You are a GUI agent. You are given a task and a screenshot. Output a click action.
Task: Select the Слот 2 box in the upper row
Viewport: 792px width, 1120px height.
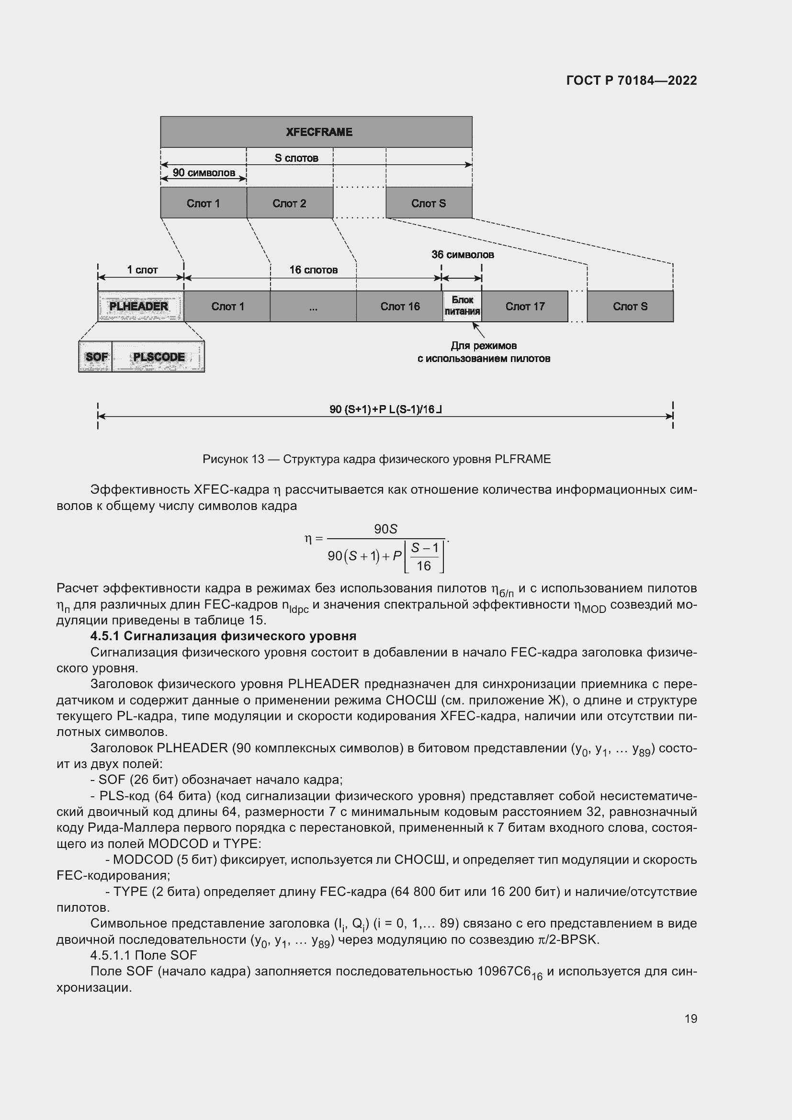click(x=290, y=203)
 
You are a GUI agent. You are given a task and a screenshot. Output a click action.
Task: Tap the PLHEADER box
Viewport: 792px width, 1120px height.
click(x=140, y=306)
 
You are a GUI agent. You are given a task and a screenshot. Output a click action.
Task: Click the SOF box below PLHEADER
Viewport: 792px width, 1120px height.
click(x=96, y=357)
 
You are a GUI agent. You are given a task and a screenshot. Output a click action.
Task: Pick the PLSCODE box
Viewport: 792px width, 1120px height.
click(x=158, y=357)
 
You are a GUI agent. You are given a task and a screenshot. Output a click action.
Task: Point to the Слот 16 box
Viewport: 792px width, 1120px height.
click(x=399, y=306)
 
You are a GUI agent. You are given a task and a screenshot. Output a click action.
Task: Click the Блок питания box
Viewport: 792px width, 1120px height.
click(x=462, y=306)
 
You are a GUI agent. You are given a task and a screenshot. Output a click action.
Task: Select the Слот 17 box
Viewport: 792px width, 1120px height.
click(x=525, y=306)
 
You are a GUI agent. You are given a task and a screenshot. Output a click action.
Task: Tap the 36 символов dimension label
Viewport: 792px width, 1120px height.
click(x=463, y=255)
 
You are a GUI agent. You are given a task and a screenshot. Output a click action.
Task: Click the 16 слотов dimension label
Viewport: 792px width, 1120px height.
click(x=313, y=270)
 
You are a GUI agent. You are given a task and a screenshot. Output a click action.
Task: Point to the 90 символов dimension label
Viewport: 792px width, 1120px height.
click(x=204, y=173)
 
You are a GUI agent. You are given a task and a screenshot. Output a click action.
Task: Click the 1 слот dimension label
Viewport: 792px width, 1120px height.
click(x=142, y=270)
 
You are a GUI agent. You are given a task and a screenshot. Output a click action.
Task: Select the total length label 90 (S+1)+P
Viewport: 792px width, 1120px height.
click(x=385, y=409)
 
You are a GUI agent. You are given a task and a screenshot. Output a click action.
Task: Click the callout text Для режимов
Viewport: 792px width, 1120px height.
click(x=483, y=346)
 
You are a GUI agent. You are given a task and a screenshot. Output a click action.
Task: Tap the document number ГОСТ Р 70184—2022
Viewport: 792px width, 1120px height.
click(x=631, y=80)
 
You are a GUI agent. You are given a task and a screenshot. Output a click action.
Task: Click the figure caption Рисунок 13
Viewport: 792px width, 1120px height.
click(x=376, y=459)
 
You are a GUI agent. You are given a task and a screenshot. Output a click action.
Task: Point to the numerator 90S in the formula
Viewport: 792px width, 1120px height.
click(x=385, y=529)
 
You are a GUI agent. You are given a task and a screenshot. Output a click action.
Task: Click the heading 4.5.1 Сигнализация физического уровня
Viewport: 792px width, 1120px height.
click(x=223, y=636)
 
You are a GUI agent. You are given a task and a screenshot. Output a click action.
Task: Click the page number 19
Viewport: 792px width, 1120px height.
click(x=690, y=1018)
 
